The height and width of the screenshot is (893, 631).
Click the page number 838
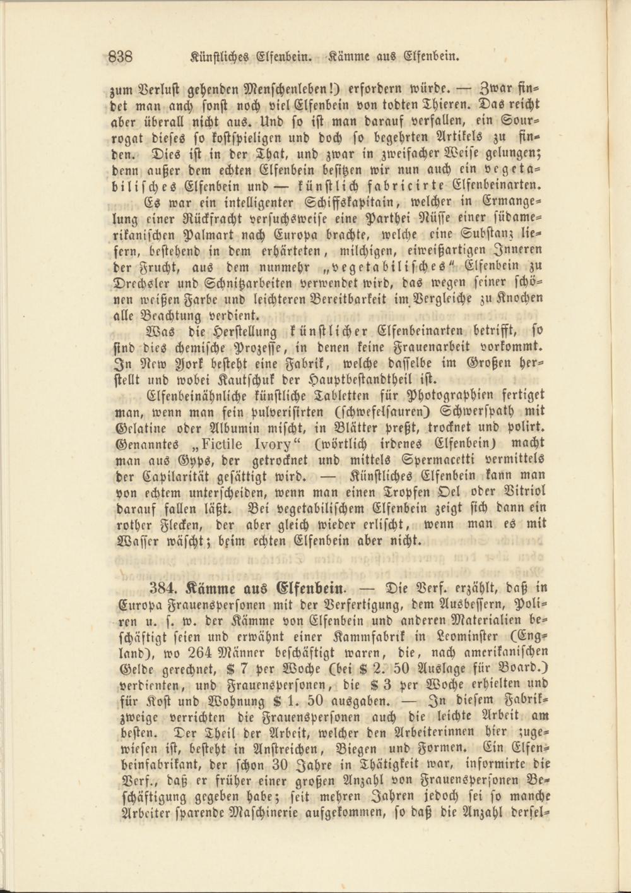click(120, 57)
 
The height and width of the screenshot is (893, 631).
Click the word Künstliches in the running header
click(220, 57)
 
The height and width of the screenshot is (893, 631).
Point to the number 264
click(197, 652)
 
